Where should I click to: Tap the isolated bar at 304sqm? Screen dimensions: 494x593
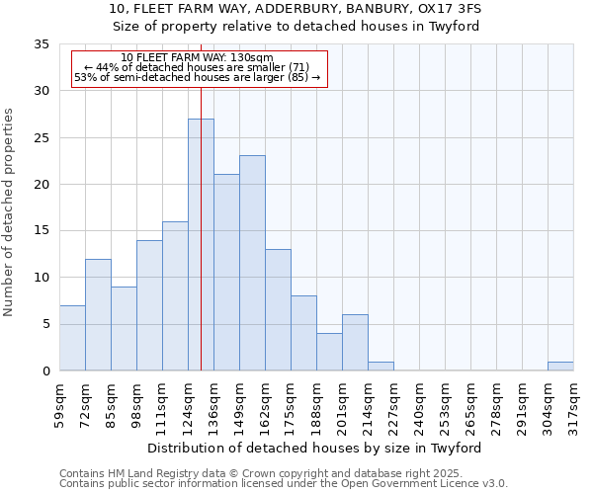560,366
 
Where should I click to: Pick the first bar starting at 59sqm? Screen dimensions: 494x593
72,338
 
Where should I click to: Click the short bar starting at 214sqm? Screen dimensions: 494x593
381,366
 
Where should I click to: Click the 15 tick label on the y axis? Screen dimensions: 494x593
42,231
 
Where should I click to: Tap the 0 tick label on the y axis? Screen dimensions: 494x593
46,371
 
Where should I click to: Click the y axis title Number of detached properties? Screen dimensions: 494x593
10,212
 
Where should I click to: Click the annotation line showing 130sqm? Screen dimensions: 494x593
198,57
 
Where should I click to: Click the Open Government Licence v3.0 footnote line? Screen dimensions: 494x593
284,483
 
